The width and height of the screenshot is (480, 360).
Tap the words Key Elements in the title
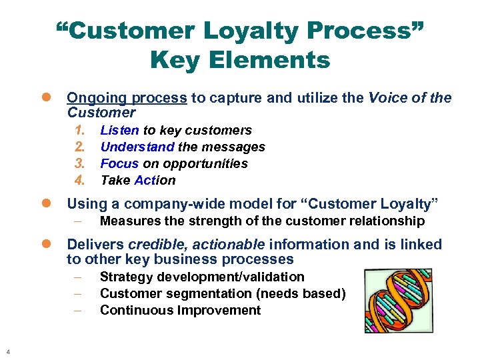coord(240,61)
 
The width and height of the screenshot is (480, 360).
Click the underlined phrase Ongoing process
coord(127,98)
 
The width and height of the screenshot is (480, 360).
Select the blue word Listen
coord(119,131)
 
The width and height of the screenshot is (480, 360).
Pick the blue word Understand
coord(137,147)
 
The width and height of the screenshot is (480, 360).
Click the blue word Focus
coord(119,164)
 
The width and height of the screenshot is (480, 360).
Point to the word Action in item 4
coord(155,181)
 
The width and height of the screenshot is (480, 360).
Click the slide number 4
coord(7,352)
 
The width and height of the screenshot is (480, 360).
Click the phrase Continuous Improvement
coord(180,311)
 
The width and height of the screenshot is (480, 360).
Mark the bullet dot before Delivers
coord(47,245)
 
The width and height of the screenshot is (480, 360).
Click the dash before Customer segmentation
coord(78,294)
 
